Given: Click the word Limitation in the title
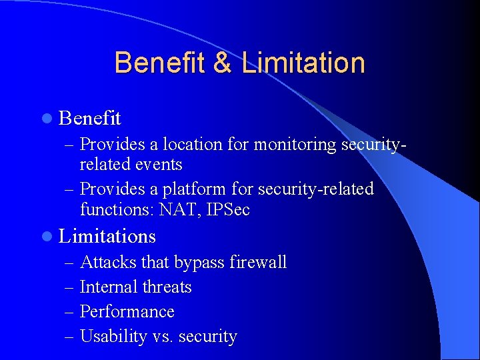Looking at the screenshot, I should pos(303,63).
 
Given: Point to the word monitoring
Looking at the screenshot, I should pos(294,144).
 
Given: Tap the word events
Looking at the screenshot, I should pos(159,164).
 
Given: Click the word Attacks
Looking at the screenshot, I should pos(105,263).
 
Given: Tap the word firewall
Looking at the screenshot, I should pos(258,263).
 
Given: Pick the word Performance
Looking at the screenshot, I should pos(127,312).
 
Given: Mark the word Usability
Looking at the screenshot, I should pos(113,337).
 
